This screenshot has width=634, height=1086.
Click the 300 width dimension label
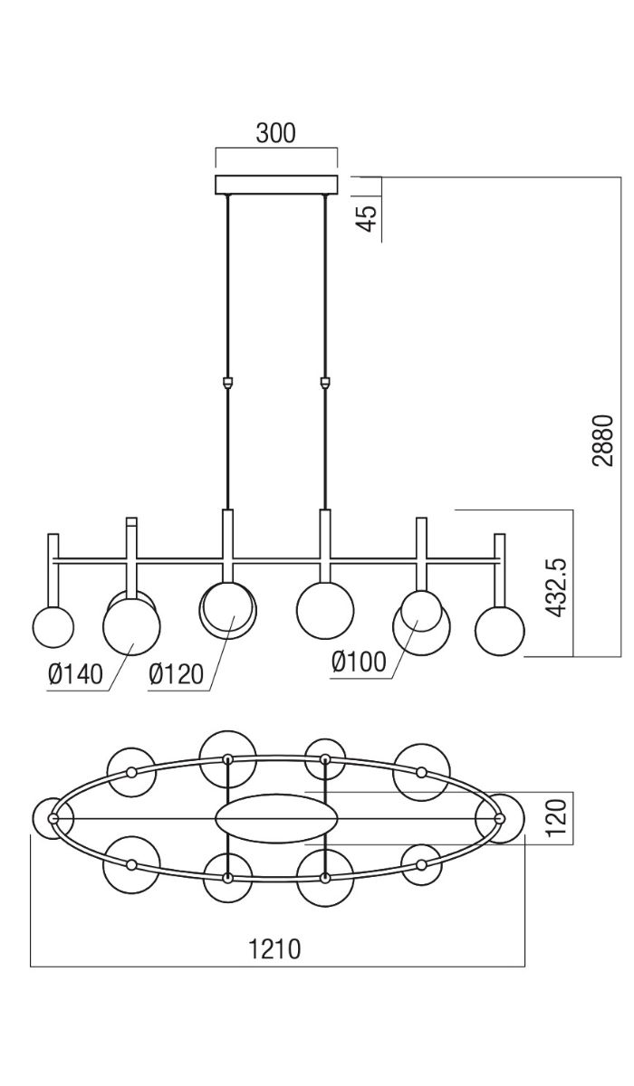click(x=275, y=133)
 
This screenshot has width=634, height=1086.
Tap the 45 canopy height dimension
click(x=367, y=218)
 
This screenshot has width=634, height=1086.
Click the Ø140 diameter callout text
click(x=77, y=673)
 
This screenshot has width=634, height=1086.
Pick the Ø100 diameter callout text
click(x=359, y=662)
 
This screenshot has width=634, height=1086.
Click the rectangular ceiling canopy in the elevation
click(x=275, y=184)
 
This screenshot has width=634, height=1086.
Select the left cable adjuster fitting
click(x=226, y=383)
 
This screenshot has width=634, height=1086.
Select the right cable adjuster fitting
click(x=324, y=383)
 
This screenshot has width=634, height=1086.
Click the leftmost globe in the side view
click(x=53, y=626)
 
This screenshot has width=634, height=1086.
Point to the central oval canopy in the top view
click(x=276, y=818)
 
